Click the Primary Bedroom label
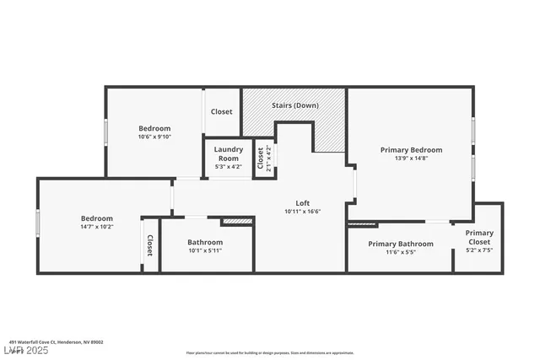click(411, 150)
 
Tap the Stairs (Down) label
click(294, 106)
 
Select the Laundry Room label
click(229, 153)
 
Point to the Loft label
click(302, 202)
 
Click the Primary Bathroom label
click(401, 244)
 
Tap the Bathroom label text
click(204, 242)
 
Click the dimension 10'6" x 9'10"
click(154, 137)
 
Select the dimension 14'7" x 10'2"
click(96, 227)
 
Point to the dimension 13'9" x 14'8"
click(411, 159)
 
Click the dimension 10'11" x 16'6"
click(302, 211)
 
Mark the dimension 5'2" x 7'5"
click(479, 250)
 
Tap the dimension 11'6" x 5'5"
click(401, 252)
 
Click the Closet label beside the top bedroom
click(222, 111)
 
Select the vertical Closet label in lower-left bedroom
click(150, 245)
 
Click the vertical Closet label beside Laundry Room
click(260, 158)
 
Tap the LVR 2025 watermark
click(25, 349)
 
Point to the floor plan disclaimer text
click(269, 352)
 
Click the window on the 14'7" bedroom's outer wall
click(38, 223)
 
